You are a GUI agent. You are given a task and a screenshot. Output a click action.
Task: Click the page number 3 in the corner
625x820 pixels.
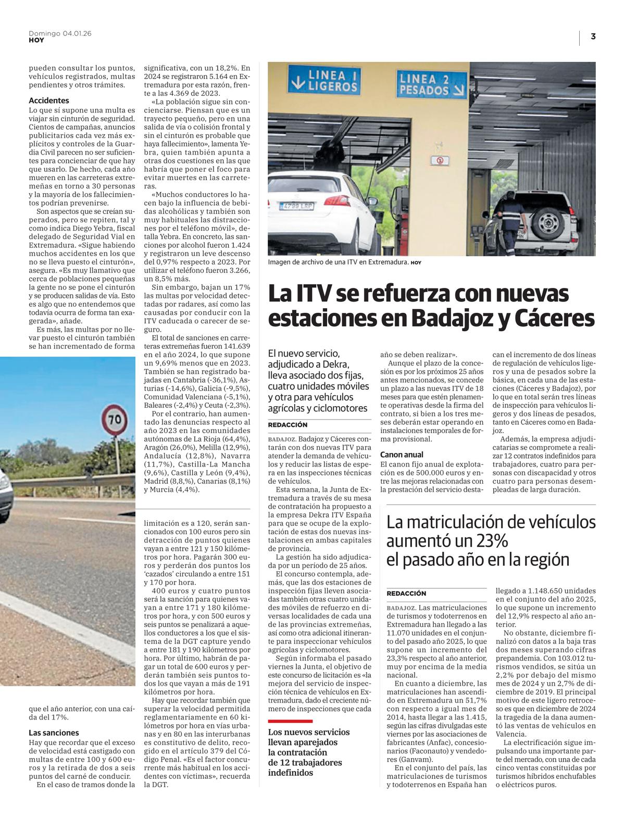click(593, 36)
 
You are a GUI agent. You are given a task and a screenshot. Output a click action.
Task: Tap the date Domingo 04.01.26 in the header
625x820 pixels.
click(60, 33)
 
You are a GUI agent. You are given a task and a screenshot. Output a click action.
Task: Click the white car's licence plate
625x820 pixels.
click(296, 206)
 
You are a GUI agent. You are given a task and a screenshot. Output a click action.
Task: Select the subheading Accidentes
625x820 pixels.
click(49, 100)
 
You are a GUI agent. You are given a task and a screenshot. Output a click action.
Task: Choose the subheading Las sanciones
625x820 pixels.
click(54, 733)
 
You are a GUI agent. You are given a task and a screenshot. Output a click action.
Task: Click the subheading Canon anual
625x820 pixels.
click(402, 455)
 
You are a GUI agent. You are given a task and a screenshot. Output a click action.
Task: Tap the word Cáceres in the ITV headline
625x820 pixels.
click(553, 318)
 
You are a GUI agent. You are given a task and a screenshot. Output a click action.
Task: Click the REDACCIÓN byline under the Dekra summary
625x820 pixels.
click(288, 425)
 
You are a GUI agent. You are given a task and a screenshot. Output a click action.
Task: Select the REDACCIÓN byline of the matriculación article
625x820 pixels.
click(406, 593)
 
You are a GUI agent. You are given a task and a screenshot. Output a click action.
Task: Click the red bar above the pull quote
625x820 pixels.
click(290, 721)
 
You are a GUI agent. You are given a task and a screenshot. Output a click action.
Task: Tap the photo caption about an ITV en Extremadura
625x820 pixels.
click(338, 262)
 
